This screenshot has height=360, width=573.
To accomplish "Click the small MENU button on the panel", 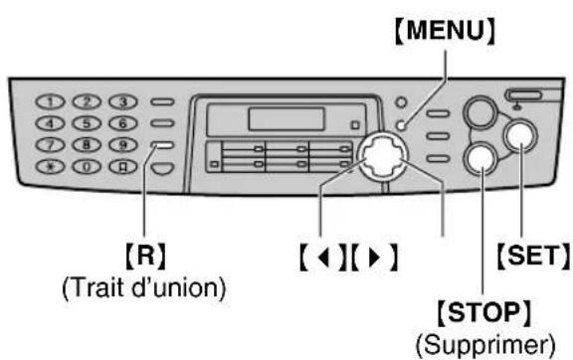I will [x=401, y=126].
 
